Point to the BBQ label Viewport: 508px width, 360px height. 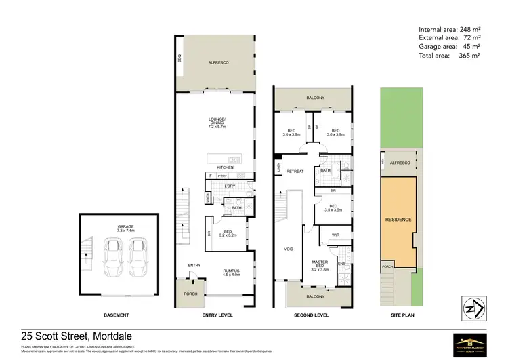click(x=180, y=59)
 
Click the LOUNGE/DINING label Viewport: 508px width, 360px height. click(x=217, y=123)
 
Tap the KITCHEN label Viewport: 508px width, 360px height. click(x=225, y=167)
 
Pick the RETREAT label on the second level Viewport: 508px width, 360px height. click(x=294, y=172)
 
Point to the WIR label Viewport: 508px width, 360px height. click(x=335, y=235)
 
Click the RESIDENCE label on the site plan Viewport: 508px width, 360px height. click(x=398, y=220)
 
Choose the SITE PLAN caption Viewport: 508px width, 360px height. click(x=398, y=316)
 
